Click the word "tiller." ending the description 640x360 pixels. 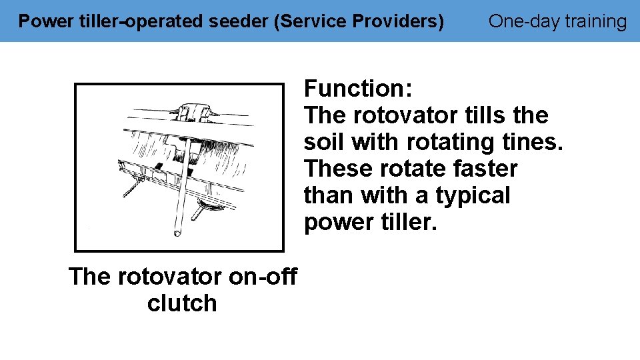click(x=406, y=222)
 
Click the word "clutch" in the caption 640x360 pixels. click(x=182, y=303)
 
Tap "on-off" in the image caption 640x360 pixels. click(x=263, y=276)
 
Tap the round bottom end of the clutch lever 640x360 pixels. click(x=177, y=233)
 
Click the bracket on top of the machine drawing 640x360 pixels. click(x=193, y=111)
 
